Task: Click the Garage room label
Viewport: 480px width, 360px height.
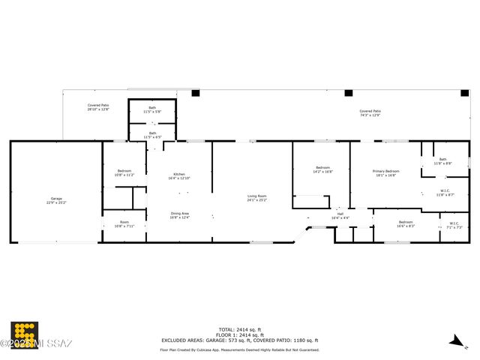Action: pyautogui.click(x=56, y=200)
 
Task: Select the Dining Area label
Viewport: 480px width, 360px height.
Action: pyautogui.click(x=179, y=215)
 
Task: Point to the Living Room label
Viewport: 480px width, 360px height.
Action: pyautogui.click(x=257, y=198)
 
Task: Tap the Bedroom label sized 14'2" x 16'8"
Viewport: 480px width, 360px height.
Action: pyautogui.click(x=322, y=169)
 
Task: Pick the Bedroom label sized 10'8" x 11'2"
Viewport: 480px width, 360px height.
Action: pyautogui.click(x=124, y=172)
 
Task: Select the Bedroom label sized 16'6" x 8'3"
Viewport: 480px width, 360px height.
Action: pyautogui.click(x=405, y=223)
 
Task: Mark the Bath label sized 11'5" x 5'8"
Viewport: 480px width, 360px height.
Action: pyautogui.click(x=152, y=109)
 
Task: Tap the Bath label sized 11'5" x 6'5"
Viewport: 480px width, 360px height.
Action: pyautogui.click(x=152, y=135)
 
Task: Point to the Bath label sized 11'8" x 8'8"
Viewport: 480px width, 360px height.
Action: pyautogui.click(x=442, y=160)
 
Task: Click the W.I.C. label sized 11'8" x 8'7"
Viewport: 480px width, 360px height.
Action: pyautogui.click(x=445, y=192)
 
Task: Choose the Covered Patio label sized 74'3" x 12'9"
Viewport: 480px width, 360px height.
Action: pyautogui.click(x=370, y=113)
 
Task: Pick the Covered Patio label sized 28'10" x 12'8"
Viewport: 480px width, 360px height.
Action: pyautogui.click(x=98, y=107)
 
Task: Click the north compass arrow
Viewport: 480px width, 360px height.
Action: pyautogui.click(x=453, y=341)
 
